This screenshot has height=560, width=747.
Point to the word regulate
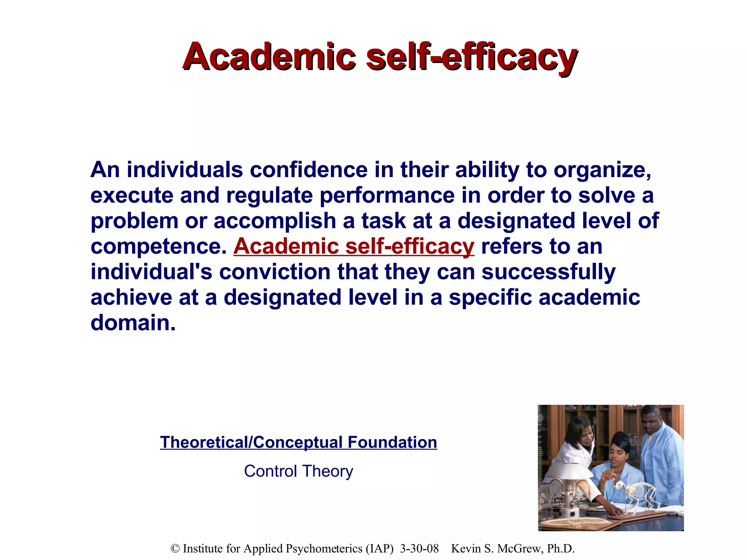(269, 196)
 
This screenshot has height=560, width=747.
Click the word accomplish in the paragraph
(274, 221)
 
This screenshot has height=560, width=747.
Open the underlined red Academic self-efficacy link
(354, 246)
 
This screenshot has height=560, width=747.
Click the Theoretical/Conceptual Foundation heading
(298, 442)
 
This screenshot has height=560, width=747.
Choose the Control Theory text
(298, 471)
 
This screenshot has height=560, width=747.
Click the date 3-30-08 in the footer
(419, 548)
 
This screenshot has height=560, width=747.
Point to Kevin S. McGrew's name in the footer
(512, 548)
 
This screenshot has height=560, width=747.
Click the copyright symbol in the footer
(175, 549)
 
